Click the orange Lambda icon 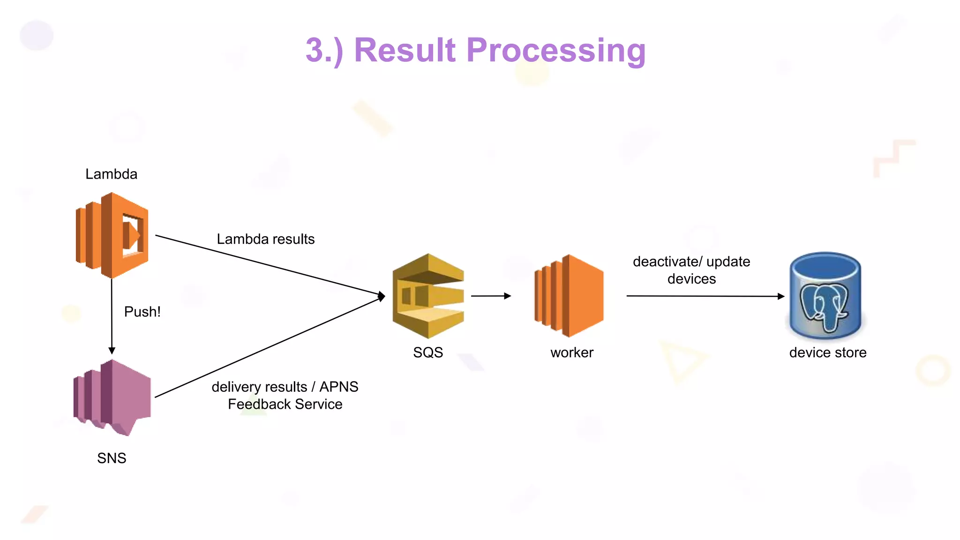point(112,235)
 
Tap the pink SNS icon point(112,397)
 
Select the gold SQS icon point(428,296)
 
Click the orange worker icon point(570,296)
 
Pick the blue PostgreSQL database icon point(825,296)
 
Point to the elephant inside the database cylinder point(825,307)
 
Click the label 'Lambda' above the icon point(111,174)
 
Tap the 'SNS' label point(112,458)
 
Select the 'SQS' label point(428,352)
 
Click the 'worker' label point(571,352)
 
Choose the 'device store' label point(828,352)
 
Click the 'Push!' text point(142,312)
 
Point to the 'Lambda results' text point(265,239)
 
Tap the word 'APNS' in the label point(338,387)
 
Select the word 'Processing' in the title point(556,50)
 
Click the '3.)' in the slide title point(324,50)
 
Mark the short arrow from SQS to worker point(490,296)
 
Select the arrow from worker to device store point(705,296)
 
